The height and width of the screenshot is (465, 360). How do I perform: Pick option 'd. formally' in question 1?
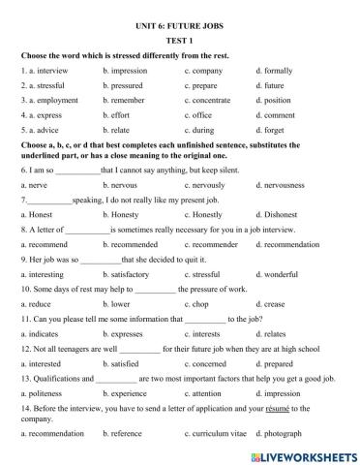[x=276, y=71]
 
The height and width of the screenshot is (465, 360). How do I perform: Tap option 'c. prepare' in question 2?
[x=204, y=85]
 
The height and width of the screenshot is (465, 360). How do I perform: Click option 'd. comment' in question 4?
[x=279, y=114]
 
